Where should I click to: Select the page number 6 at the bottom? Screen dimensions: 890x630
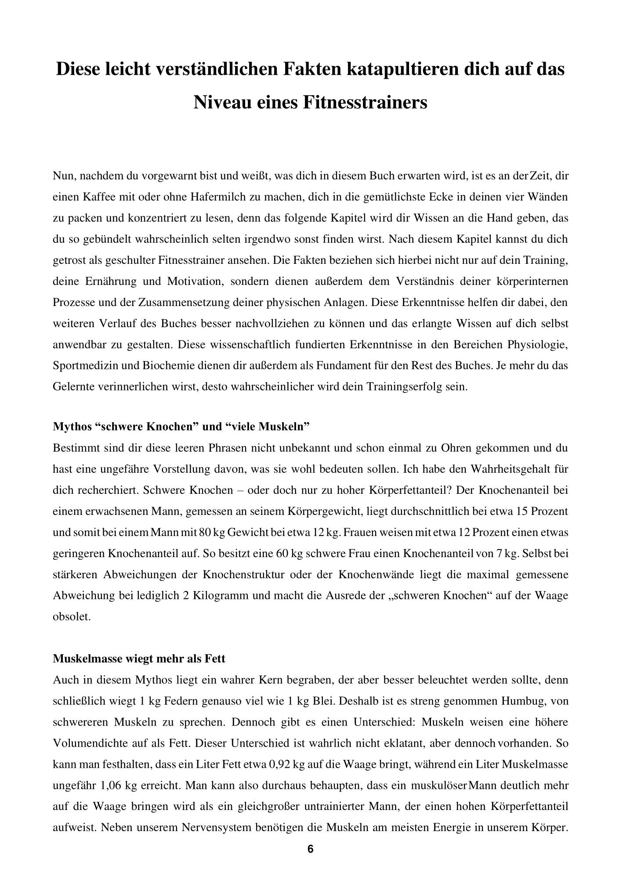(x=311, y=849)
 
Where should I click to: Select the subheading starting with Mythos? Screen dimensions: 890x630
(x=181, y=426)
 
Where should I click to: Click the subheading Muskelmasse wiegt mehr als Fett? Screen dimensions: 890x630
(x=139, y=658)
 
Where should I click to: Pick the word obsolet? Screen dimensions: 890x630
(x=72, y=616)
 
